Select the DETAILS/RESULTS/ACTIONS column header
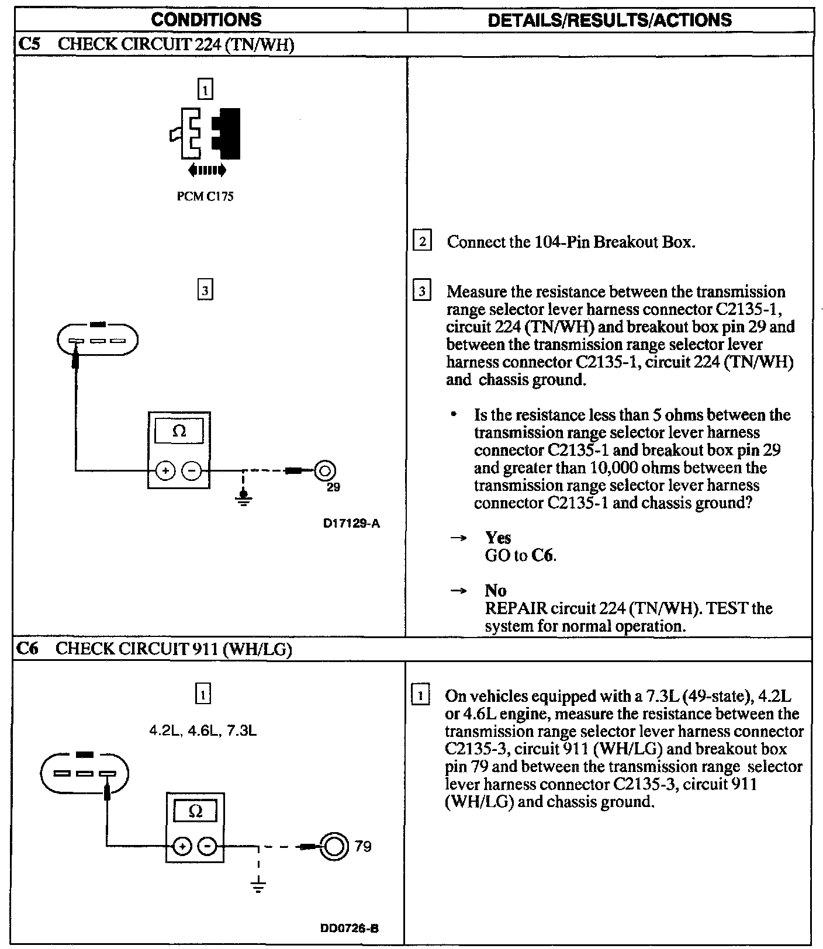point(609,20)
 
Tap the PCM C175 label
point(205,196)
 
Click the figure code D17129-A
point(351,524)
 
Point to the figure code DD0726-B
point(349,928)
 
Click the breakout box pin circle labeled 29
point(325,470)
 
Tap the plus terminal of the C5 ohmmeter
point(165,470)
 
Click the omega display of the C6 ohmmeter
point(196,811)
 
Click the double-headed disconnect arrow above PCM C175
point(207,170)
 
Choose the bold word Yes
point(498,538)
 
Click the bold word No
point(496,590)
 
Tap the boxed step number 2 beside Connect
point(422,241)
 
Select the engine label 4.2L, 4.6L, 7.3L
point(203,731)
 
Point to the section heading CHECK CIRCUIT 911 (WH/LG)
point(174,649)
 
